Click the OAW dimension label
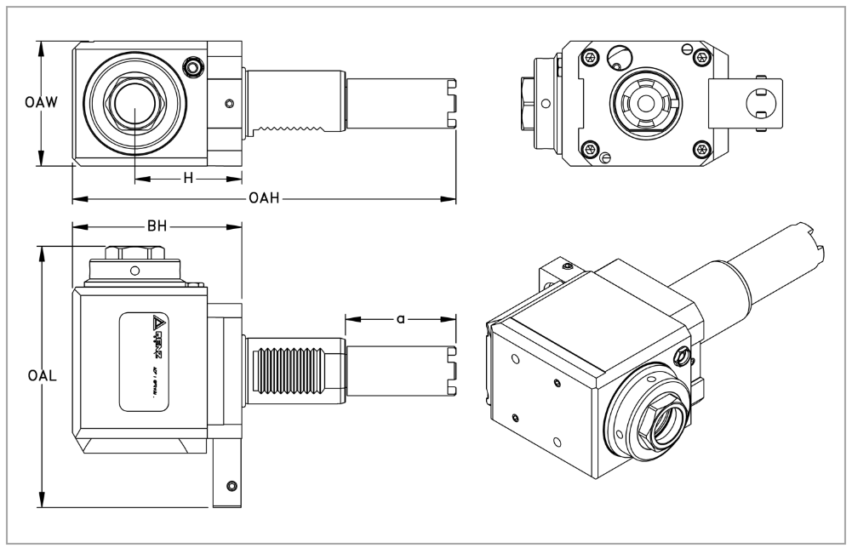click(x=40, y=104)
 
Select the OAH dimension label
click(x=265, y=200)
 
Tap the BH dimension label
click(x=156, y=227)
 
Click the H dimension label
click(x=189, y=179)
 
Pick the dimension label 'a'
click(x=400, y=320)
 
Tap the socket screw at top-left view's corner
click(x=194, y=67)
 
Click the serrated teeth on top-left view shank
click(x=294, y=130)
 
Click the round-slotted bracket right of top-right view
click(x=755, y=104)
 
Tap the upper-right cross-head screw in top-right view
click(x=700, y=57)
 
